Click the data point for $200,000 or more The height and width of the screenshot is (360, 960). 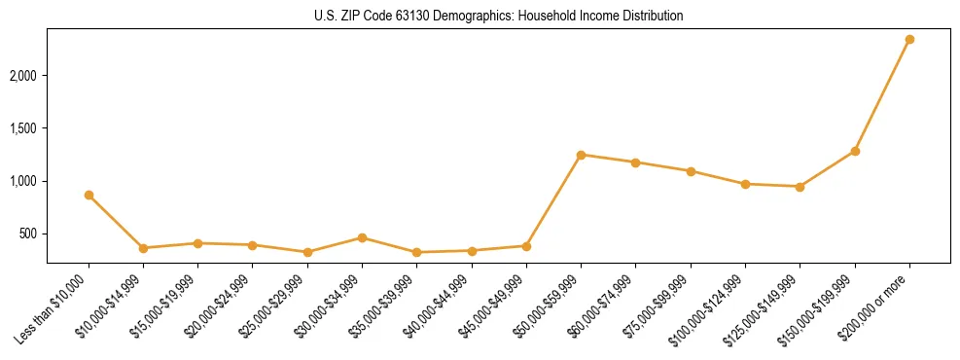coord(909,40)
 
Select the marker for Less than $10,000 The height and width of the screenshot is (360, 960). coord(89,196)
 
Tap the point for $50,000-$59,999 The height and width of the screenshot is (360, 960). coord(581,155)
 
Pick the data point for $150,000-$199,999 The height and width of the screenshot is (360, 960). coord(855,151)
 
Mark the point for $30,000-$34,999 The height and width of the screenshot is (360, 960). coord(362,237)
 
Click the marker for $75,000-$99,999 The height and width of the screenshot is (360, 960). coord(691,171)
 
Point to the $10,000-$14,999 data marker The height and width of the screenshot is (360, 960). coord(143,248)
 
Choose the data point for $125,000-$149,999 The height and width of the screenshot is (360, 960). coord(800,187)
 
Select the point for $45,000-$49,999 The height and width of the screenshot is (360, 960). coord(526,246)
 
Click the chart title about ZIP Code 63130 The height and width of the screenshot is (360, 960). coord(499,17)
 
